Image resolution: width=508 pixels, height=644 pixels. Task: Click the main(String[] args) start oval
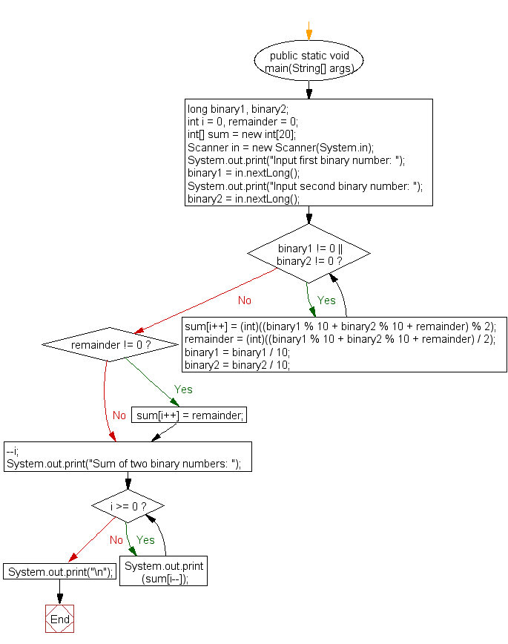(309, 62)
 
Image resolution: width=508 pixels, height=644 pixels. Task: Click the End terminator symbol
(60, 619)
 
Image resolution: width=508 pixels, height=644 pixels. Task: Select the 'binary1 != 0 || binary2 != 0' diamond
(309, 254)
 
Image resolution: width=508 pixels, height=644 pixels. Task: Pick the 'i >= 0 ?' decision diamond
(128, 506)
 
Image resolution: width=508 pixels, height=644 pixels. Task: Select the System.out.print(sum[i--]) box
(164, 572)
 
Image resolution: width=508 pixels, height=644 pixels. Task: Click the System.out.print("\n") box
(60, 572)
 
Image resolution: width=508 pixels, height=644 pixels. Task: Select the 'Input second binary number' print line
(305, 186)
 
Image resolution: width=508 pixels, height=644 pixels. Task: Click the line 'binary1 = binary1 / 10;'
(237, 352)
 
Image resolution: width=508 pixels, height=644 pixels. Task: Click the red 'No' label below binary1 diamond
(244, 300)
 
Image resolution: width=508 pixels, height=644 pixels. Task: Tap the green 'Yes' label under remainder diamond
(183, 389)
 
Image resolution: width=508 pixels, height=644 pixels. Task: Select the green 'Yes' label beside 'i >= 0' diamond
(145, 539)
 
